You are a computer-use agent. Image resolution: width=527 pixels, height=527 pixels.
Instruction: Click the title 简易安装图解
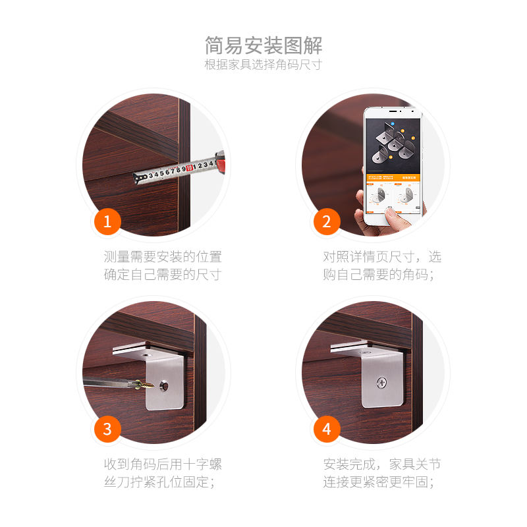coord(263,45)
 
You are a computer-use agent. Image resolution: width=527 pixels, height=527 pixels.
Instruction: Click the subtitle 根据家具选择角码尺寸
coord(263,65)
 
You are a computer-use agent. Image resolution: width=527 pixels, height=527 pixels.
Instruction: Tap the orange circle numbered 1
coord(107,221)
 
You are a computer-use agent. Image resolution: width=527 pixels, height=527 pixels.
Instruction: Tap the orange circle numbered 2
coord(327,221)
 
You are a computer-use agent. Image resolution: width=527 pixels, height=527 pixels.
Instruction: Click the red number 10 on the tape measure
coord(189,169)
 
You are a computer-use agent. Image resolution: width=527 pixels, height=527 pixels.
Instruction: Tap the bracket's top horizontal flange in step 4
coord(359,347)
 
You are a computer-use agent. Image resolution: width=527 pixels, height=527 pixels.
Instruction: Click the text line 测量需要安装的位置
coord(162,256)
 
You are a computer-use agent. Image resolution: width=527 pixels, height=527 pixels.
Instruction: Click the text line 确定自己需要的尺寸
coord(162,275)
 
